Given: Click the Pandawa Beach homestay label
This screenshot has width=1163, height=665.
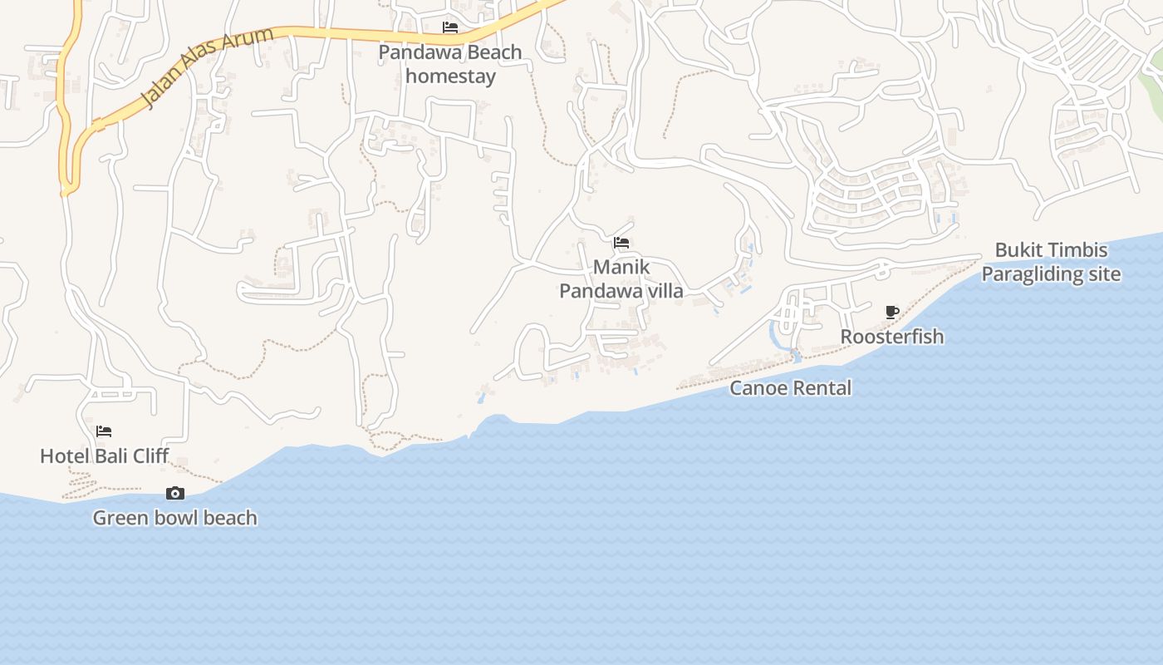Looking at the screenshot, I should click(450, 64).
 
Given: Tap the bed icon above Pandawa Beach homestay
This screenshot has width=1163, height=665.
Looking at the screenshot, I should click(450, 27).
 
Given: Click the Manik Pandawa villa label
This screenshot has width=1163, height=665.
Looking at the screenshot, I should click(621, 279).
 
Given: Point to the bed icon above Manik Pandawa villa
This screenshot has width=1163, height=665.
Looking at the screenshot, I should click(621, 243).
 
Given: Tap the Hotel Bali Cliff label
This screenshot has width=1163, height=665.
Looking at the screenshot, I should click(105, 456).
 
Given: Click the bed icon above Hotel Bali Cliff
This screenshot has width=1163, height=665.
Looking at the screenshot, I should click(104, 431).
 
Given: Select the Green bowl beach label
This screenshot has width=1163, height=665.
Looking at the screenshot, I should click(174, 518).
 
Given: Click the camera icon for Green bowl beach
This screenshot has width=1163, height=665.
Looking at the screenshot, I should click(174, 493).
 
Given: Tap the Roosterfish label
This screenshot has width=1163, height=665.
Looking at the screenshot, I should click(892, 337).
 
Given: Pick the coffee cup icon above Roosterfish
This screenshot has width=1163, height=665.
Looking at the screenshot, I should click(892, 312).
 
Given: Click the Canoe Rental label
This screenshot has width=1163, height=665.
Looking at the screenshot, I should click(791, 388).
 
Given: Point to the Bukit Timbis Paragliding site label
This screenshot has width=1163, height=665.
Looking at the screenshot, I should click(1051, 262).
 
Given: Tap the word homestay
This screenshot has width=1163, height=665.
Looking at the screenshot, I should click(450, 76).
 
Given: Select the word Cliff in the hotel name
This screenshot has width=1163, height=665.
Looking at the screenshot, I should click(149, 456).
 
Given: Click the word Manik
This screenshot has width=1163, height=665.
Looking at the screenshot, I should click(621, 268).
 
